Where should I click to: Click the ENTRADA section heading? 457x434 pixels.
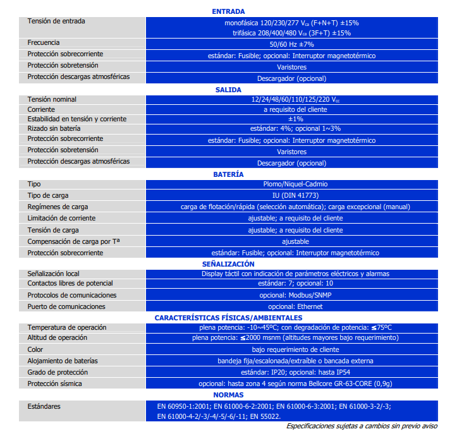pos(228,11)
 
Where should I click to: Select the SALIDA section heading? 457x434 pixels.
pos(228,90)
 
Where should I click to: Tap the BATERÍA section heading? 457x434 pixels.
pos(228,174)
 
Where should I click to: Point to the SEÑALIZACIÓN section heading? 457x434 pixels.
pos(228,263)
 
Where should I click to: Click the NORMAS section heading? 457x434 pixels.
pos(228,395)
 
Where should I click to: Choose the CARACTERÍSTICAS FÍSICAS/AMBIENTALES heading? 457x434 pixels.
pos(228,318)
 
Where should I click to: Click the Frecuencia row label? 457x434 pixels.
pos(44,43)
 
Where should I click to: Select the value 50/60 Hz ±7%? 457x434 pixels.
pos(291,44)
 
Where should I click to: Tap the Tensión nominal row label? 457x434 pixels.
pos(52,99)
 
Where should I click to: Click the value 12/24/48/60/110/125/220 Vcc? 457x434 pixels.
pos(291,100)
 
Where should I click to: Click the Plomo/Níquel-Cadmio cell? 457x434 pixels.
pos(291,184)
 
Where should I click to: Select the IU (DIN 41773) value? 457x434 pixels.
pos(291,195)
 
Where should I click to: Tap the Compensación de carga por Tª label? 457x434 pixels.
pos(73,241)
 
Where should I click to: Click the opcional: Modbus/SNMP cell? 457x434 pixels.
pos(291,295)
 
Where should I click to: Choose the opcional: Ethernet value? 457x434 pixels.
pos(291,306)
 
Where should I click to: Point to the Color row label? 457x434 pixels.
pos(35,349)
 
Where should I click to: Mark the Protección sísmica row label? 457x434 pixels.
pos(54,383)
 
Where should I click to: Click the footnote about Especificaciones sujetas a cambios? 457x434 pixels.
pos(361,426)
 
